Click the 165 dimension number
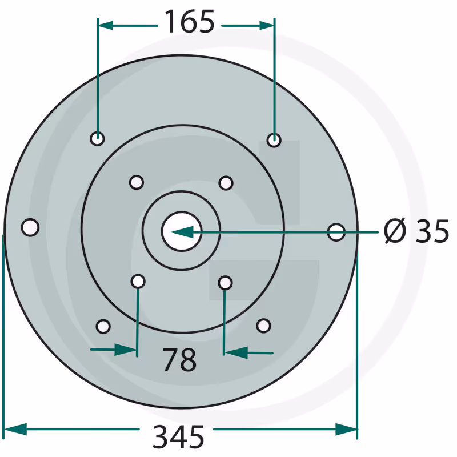click(x=190, y=22)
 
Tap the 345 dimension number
click(x=178, y=436)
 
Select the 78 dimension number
click(x=179, y=360)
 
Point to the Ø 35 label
click(x=416, y=231)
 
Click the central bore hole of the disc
click(x=182, y=231)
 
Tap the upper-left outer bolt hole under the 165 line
click(x=97, y=138)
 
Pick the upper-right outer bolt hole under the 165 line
click(x=274, y=140)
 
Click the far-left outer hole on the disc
click(x=30, y=227)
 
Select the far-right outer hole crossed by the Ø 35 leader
click(x=336, y=232)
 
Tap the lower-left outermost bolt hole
click(x=103, y=326)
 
